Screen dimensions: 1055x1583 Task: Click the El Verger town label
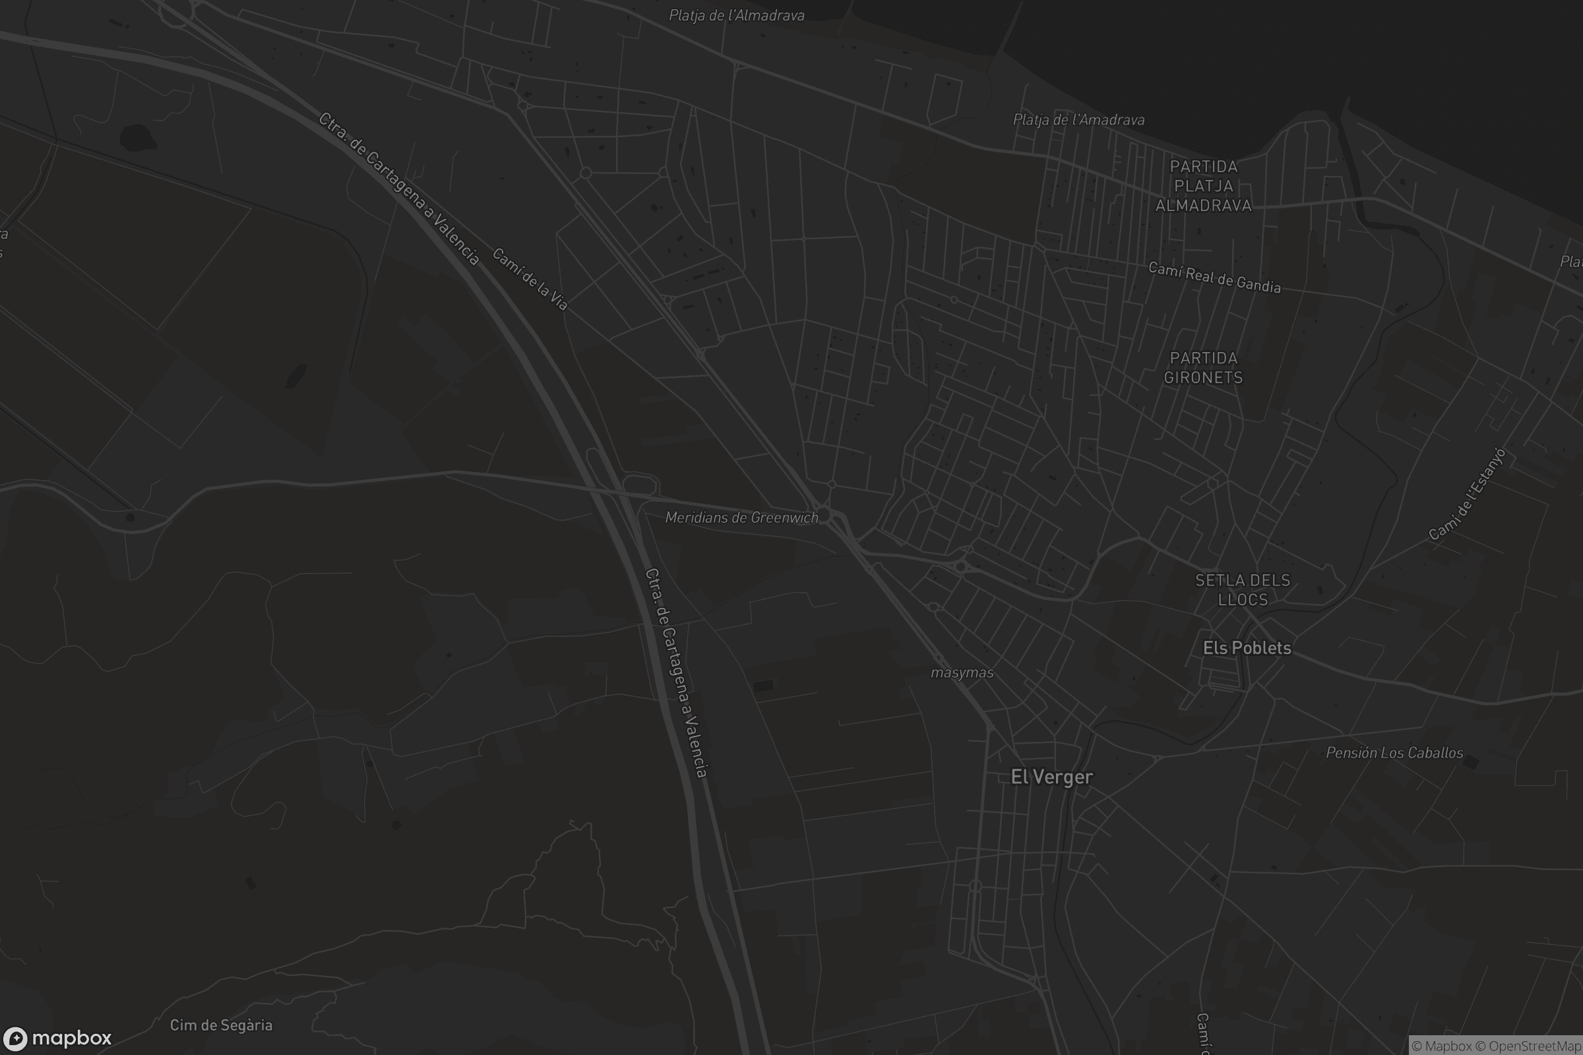pos(1051,777)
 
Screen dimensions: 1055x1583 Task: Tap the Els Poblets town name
pos(1247,648)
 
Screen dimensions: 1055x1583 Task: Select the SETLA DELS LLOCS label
pos(1243,589)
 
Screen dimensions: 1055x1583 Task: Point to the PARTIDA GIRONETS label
pos(1203,367)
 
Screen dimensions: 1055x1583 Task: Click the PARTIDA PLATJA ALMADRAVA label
pos(1203,186)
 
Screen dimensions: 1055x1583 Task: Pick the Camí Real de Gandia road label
pos(1214,277)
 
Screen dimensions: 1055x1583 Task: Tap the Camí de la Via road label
pos(530,279)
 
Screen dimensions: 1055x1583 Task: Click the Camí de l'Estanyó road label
pos(1466,494)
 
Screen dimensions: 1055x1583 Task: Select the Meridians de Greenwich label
pos(741,518)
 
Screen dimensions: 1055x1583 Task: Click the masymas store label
pos(962,673)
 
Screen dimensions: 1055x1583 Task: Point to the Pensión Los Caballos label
pos(1394,753)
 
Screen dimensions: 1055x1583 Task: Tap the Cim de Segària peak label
pos(221,1025)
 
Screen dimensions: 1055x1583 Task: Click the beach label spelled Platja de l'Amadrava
pos(1078,120)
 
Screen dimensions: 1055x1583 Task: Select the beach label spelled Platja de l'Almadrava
pos(736,15)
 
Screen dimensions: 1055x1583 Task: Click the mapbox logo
pos(57,1038)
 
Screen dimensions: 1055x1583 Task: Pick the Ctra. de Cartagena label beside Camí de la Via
pos(399,189)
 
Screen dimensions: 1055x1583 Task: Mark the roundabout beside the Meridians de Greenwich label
pos(824,515)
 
